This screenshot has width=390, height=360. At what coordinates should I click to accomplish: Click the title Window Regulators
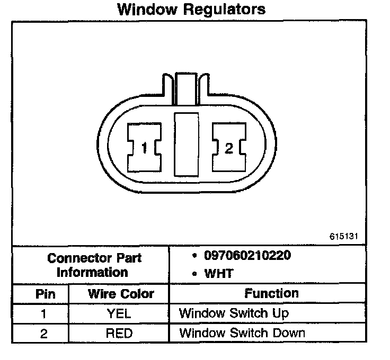pyautogui.click(x=191, y=9)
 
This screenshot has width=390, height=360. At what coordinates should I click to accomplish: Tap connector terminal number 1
pyautogui.click(x=144, y=148)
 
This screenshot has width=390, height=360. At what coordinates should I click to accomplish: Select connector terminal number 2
pyautogui.click(x=228, y=148)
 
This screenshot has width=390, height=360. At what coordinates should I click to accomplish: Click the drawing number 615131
pyautogui.click(x=347, y=236)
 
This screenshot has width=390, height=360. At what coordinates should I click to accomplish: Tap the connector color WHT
pyautogui.click(x=219, y=274)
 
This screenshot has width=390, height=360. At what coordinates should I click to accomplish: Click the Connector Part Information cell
pyautogui.click(x=94, y=265)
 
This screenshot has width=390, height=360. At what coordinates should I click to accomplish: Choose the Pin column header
pyautogui.click(x=45, y=294)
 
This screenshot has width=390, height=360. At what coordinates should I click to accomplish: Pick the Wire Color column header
pyautogui.click(x=120, y=294)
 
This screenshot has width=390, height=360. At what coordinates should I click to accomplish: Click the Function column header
pyautogui.click(x=271, y=293)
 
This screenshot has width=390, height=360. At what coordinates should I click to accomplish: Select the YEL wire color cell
pyautogui.click(x=119, y=313)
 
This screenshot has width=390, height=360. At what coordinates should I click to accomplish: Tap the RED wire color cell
pyautogui.click(x=119, y=333)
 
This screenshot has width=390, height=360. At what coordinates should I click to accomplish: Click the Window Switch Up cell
pyautogui.click(x=234, y=313)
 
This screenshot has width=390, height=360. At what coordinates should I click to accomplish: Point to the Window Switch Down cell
pyautogui.click(x=242, y=333)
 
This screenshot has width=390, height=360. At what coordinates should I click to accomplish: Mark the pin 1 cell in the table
pyautogui.click(x=44, y=313)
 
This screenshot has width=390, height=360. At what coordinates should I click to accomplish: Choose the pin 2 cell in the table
pyautogui.click(x=44, y=333)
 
